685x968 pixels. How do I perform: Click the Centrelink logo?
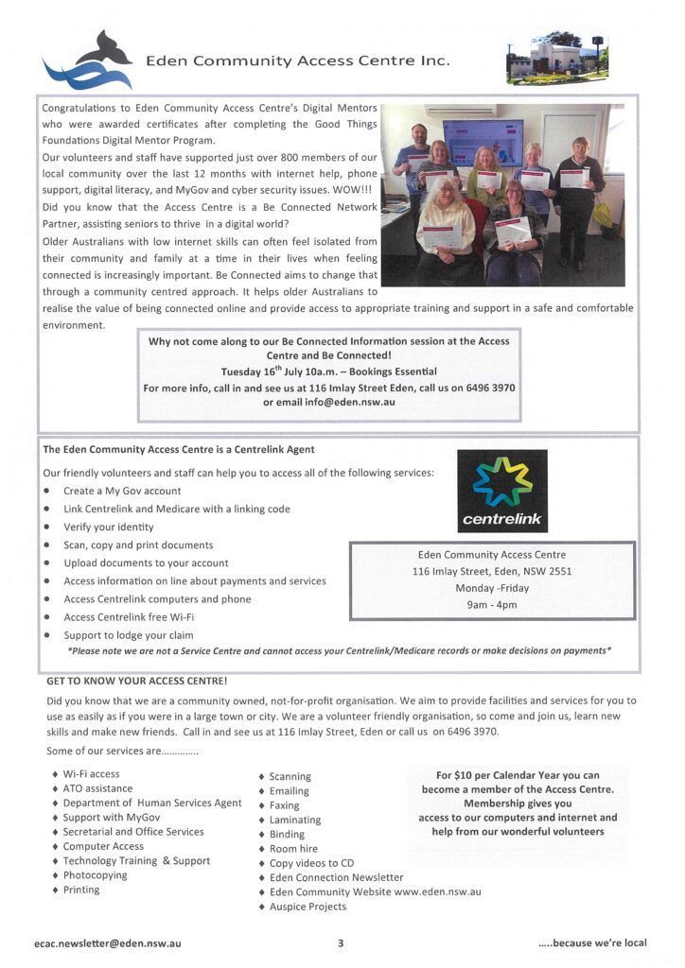tap(501, 491)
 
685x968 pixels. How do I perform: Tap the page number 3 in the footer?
tap(341, 942)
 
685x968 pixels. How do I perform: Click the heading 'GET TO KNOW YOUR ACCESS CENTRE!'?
tap(136, 681)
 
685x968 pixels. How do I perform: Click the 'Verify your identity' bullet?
tap(108, 527)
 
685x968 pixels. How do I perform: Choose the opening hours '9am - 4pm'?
tap(492, 605)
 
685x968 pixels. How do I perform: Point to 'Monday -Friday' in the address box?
tap(492, 588)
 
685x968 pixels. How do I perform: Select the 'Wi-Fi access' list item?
tap(91, 774)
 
